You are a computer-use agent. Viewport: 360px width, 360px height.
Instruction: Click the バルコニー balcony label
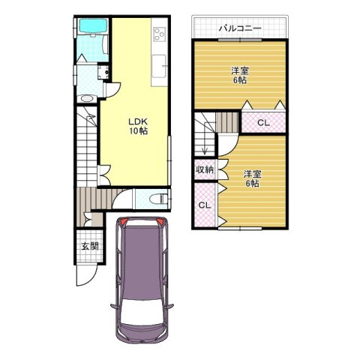coord(240,28)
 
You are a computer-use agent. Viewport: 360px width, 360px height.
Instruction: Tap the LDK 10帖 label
coord(138,126)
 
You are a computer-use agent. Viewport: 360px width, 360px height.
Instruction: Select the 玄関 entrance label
coord(90,247)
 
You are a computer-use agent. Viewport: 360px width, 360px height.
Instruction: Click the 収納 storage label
coord(205,169)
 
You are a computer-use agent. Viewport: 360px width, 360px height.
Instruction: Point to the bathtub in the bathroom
coord(92,25)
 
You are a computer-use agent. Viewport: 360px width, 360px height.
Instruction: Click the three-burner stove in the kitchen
coord(159,34)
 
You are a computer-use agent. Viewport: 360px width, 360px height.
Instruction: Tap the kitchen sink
coord(159,66)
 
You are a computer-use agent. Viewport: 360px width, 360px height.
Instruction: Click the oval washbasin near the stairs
coord(86,98)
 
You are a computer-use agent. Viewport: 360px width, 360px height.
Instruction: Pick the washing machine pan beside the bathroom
coord(103,72)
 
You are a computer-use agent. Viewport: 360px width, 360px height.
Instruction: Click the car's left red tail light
coord(124,221)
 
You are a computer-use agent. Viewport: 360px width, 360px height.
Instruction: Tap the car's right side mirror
coord(170,307)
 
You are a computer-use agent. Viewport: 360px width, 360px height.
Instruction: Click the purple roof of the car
coord(142,261)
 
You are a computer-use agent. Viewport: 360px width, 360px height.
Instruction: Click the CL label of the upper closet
coord(263,122)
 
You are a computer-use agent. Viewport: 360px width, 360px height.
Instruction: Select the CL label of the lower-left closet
coord(205,205)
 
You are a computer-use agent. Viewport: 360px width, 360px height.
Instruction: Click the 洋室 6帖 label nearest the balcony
coord(240,75)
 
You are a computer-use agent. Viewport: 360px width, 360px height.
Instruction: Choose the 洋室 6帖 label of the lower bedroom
coord(253,178)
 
